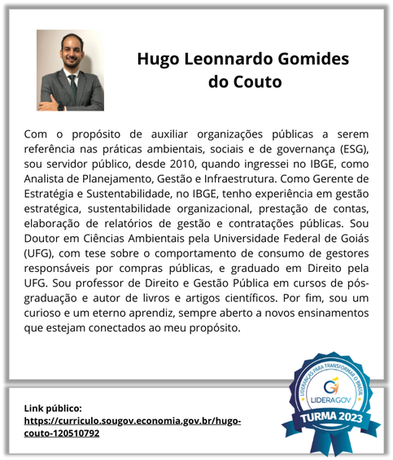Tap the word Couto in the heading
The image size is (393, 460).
coord(256,81)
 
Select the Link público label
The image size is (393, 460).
coord(54,407)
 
